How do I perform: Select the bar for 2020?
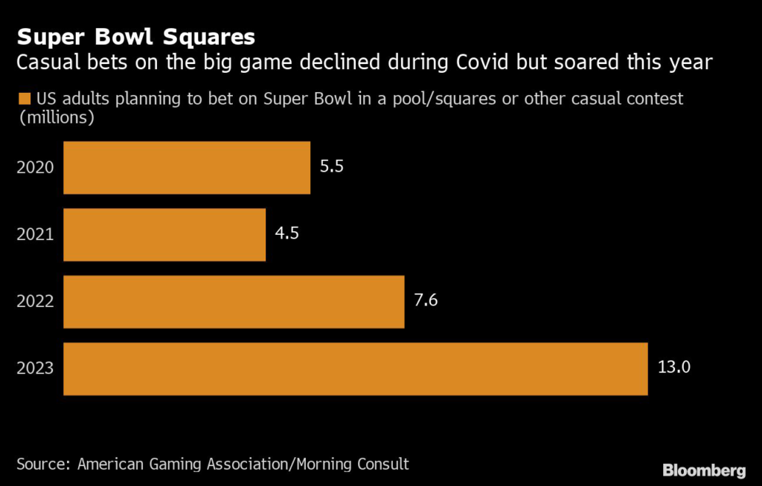tap(186, 168)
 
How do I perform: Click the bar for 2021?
tap(164, 235)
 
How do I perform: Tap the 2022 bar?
tap(234, 302)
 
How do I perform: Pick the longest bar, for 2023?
tap(355, 369)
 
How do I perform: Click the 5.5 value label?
tap(331, 166)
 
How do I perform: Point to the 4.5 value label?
tap(286, 233)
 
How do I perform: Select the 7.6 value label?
tap(426, 300)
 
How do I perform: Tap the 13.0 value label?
tap(674, 367)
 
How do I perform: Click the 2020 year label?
tap(35, 168)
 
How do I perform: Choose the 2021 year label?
tap(35, 235)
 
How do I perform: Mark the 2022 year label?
tap(35, 302)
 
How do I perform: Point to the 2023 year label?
tap(35, 369)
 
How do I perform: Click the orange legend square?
tap(23, 99)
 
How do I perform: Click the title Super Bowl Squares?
tap(136, 37)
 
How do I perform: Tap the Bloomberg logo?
tap(703, 470)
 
